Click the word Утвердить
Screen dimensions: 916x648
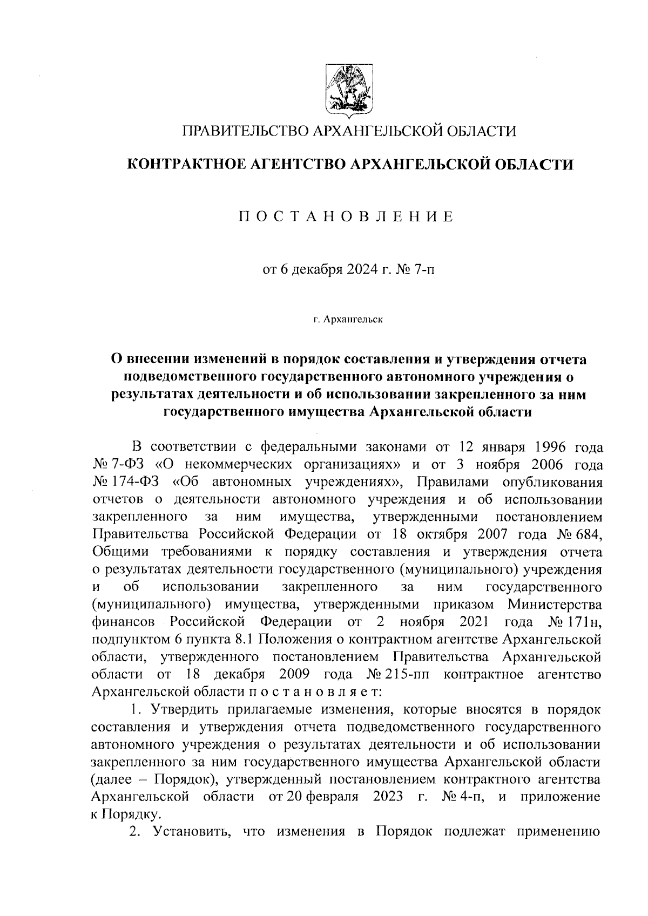coord(183,710)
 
